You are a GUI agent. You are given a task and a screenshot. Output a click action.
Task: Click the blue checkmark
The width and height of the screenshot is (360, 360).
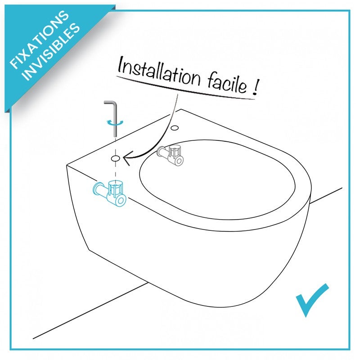[312, 300]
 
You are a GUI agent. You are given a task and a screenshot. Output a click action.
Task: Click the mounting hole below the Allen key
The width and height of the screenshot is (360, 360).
[115, 158]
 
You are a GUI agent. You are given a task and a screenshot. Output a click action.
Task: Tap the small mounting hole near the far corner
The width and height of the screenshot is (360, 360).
[174, 127]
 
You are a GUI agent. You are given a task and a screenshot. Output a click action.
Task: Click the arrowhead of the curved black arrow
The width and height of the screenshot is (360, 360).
[126, 157]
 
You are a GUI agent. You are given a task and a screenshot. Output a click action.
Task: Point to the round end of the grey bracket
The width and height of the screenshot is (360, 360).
[179, 161]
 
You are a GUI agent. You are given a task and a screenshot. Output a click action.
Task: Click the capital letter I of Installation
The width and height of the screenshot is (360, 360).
[120, 67]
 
